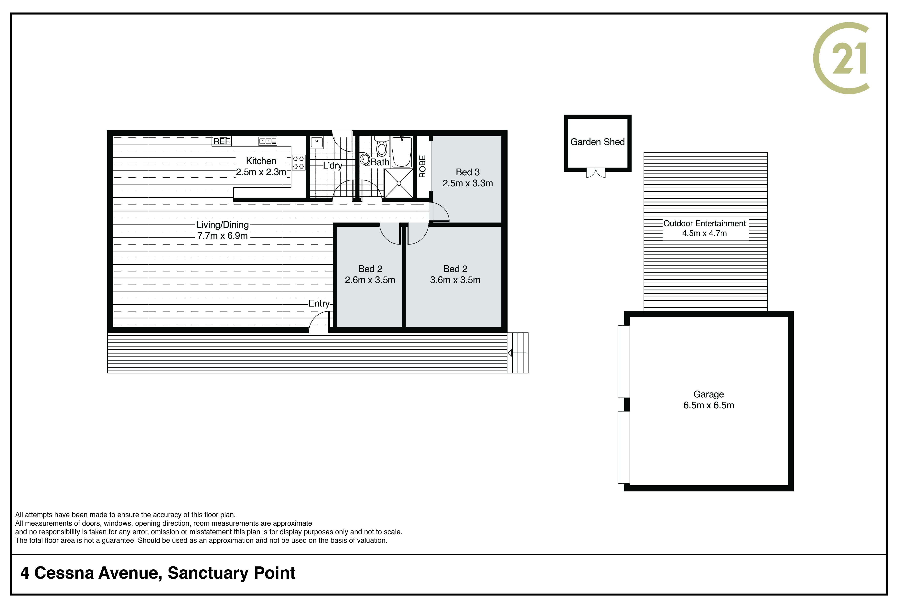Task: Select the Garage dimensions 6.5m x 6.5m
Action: tap(708, 405)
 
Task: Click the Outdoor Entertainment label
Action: tap(704, 223)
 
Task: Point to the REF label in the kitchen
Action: tap(222, 141)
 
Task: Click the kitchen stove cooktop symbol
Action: tap(298, 162)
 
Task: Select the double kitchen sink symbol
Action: tap(268, 141)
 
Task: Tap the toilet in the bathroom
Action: tap(382, 146)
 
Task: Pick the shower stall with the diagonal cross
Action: tap(398, 183)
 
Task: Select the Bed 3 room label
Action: tap(468, 172)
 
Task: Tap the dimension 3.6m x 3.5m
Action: tap(455, 280)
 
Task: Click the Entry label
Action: tap(319, 303)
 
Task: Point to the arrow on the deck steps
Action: tap(517, 353)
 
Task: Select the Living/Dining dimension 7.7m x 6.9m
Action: tap(222, 236)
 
